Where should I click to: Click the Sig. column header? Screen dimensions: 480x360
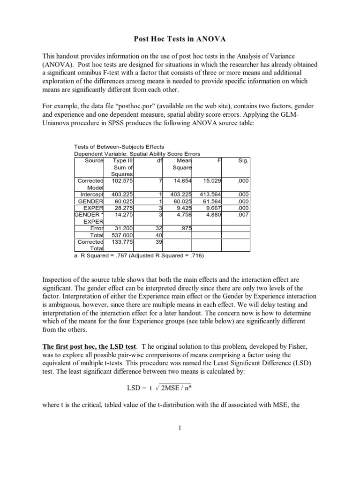pos(243,160)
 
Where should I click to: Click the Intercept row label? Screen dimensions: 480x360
pos(92,194)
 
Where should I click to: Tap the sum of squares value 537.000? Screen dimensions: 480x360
pos(123,234)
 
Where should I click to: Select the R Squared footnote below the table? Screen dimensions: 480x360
pos(139,256)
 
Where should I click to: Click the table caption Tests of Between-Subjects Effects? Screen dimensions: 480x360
pos(119,147)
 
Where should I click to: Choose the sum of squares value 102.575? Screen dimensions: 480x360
pos(123,180)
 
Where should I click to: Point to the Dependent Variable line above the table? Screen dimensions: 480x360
pos(137,154)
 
